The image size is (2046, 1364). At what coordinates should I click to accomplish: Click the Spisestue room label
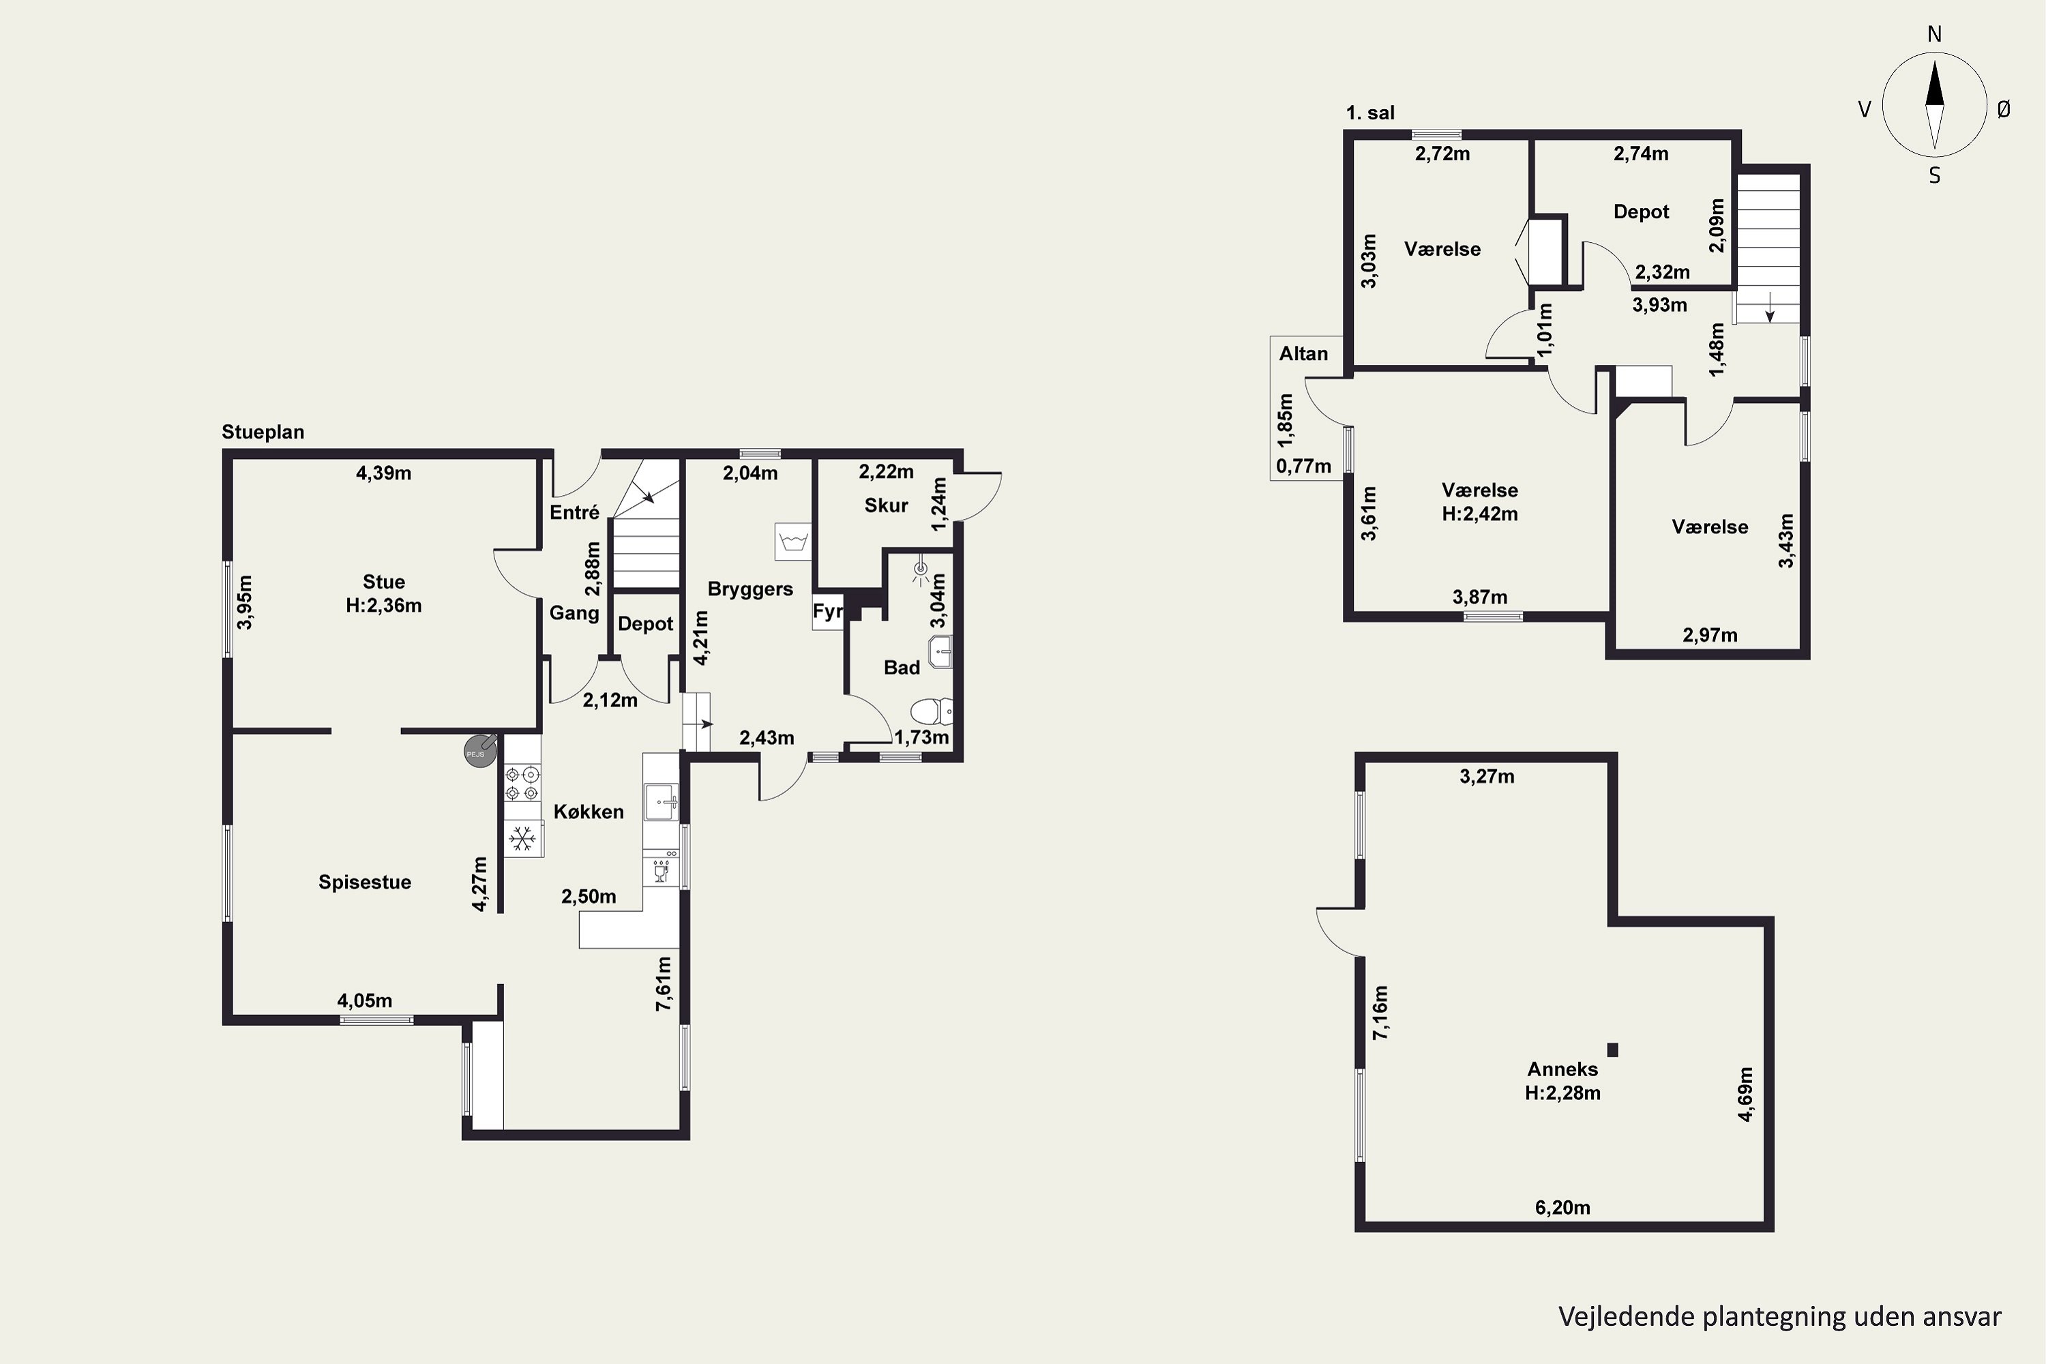[x=364, y=882]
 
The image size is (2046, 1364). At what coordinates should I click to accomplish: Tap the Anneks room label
[x=1562, y=1069]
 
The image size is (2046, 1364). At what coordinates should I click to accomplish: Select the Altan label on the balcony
[x=1303, y=354]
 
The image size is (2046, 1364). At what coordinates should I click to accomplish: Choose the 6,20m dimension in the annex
[x=1562, y=1207]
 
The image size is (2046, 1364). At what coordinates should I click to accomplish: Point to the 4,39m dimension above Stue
[x=383, y=473]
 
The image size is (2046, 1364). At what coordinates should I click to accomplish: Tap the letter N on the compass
[x=1935, y=34]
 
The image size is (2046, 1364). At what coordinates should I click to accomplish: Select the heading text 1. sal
[x=1370, y=113]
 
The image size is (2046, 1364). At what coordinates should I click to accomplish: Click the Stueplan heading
[x=263, y=432]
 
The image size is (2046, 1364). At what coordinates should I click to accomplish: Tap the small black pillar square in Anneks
[x=1612, y=1050]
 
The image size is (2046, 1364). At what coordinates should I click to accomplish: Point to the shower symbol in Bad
[x=920, y=572]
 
